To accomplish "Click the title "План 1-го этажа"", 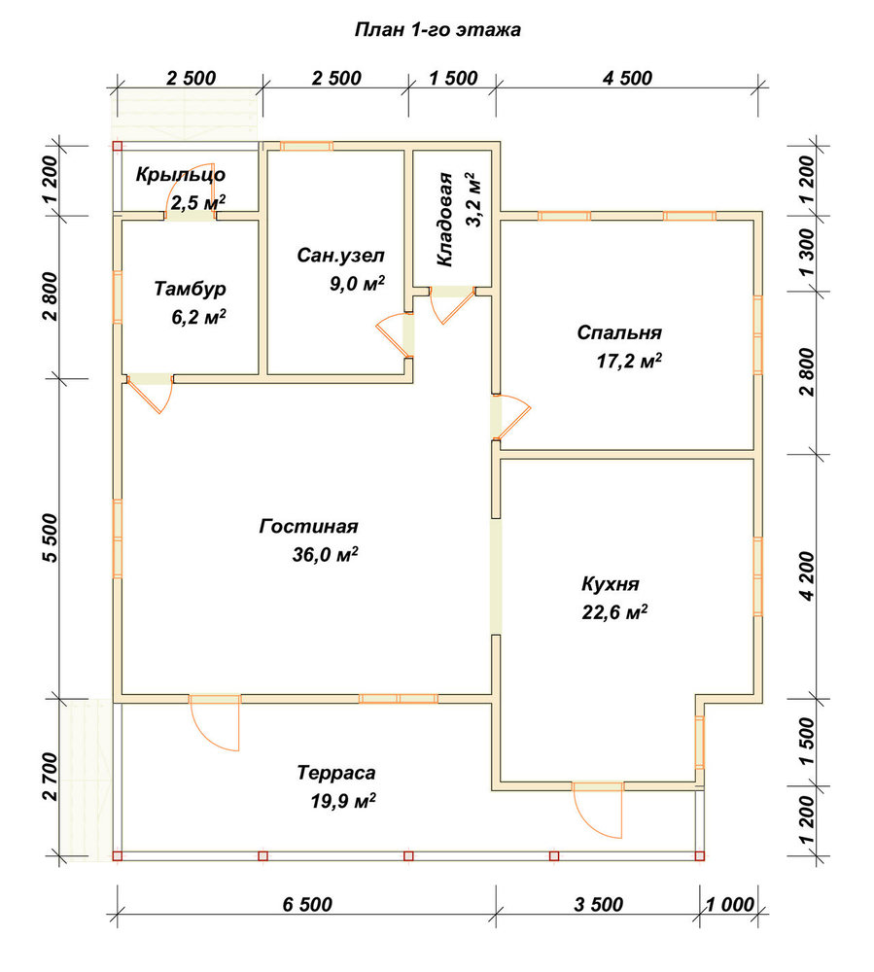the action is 437,30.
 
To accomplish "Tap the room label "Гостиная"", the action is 308,526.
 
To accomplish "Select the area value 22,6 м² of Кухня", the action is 614,612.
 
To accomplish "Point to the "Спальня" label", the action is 619,332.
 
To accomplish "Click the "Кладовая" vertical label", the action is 445,220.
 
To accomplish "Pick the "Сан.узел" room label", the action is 340,255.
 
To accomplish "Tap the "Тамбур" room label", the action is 190,289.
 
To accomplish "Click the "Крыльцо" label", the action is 181,175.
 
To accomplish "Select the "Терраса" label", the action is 336,773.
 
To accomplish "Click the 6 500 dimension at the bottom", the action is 307,904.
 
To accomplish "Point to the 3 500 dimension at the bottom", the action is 598,904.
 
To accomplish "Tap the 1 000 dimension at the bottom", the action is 730,904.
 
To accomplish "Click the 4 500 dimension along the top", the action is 627,78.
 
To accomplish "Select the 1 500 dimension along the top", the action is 453,78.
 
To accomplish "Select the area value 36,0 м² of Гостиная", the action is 325,554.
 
